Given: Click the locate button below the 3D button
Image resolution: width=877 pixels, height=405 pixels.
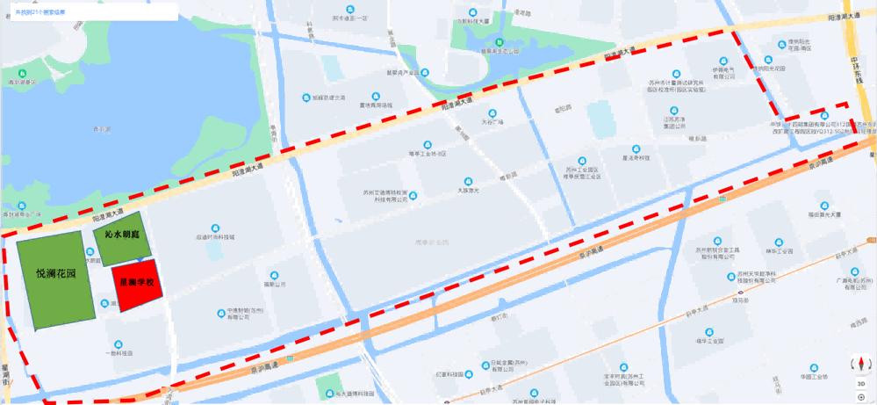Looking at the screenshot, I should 861,397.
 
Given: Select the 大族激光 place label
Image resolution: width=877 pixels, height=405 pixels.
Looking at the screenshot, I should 472,188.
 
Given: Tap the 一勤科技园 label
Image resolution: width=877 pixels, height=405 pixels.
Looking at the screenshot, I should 119,352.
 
